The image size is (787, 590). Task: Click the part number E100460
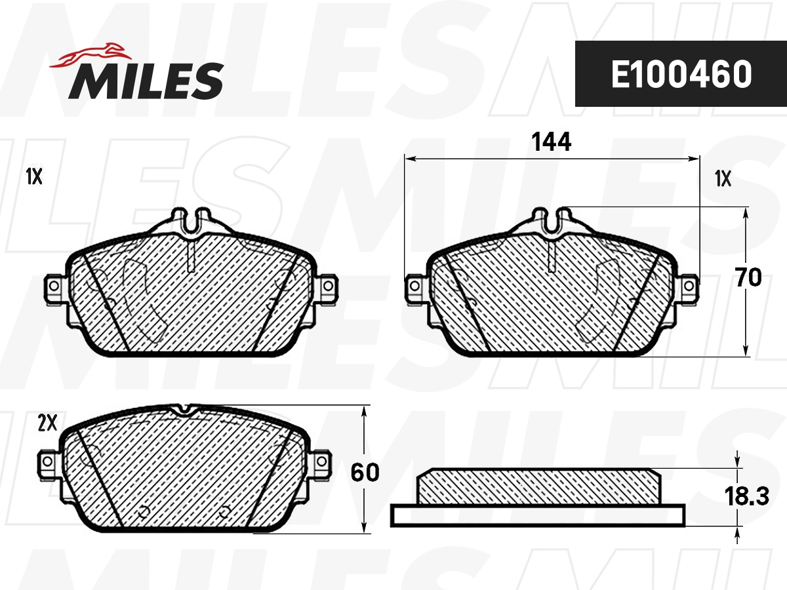[681, 75]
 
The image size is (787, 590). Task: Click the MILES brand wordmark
[146, 81]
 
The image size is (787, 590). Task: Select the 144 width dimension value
[552, 142]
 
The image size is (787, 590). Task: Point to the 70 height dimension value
[748, 278]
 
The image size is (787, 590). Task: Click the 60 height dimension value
[365, 473]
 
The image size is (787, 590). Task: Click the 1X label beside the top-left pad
[34, 176]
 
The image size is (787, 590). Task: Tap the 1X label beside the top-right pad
[723, 178]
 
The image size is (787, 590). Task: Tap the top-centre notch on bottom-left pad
[184, 410]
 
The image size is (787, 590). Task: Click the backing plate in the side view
[537, 515]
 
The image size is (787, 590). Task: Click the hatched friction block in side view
[537, 486]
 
